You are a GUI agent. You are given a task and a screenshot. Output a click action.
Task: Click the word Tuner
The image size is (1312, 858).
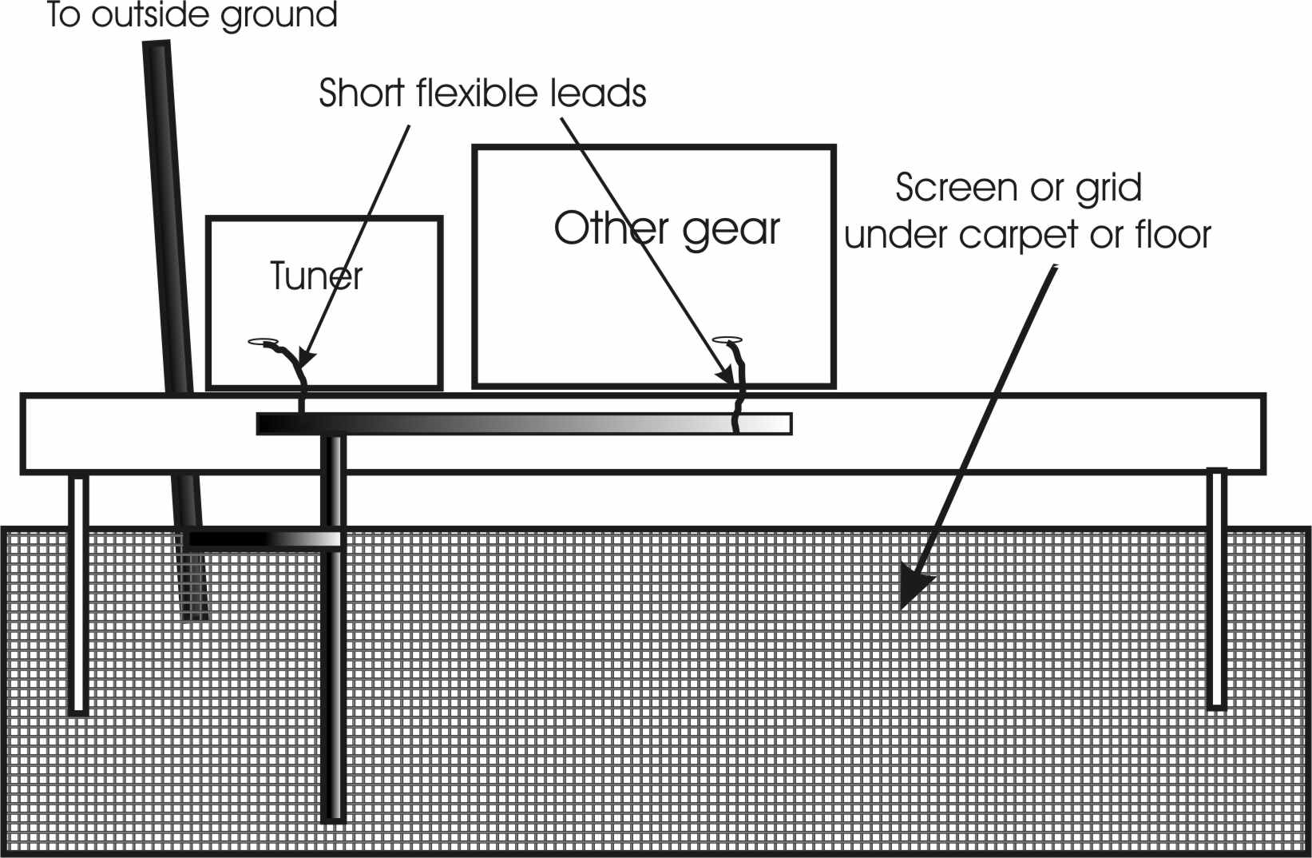coord(316,276)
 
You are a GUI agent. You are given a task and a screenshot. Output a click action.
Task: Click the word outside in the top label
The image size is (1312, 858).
coord(148,14)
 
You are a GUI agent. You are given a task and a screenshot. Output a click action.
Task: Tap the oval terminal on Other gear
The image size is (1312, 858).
coord(727,340)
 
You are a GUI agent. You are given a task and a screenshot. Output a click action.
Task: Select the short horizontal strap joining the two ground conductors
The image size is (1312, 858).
coord(264,540)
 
